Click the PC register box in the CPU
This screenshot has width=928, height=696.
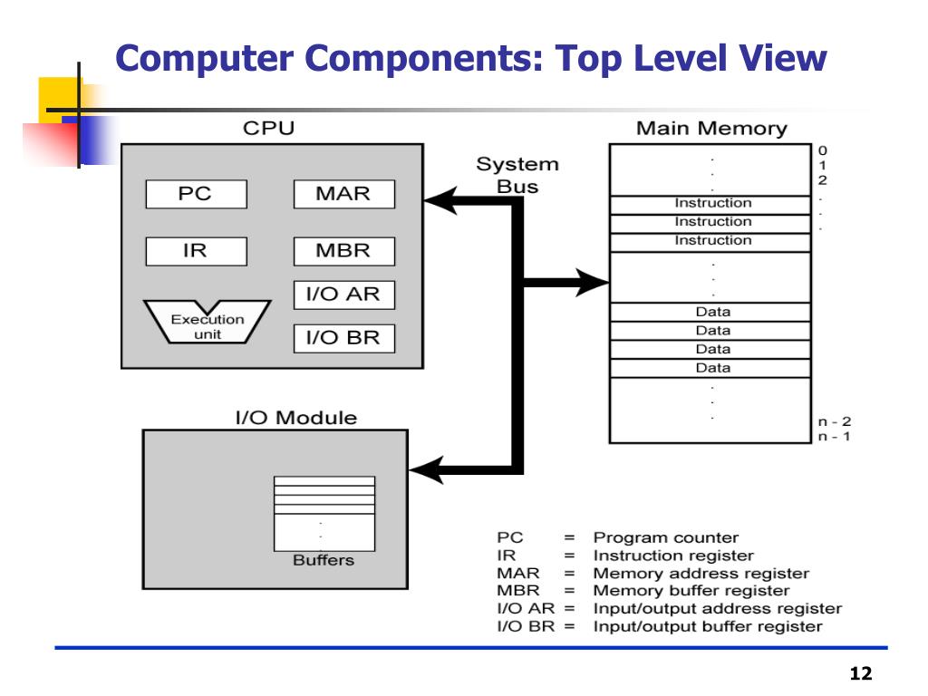point(197,194)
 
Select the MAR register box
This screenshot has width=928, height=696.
point(344,194)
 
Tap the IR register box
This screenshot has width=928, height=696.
point(197,252)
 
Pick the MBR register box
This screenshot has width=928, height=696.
point(344,252)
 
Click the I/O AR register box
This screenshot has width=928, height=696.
point(344,295)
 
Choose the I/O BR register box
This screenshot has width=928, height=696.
point(344,339)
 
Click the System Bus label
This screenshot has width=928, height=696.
point(517,175)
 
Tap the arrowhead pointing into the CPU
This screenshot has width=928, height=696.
point(440,200)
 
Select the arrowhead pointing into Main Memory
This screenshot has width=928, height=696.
point(593,283)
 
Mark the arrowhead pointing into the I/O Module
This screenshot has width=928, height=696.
point(426,470)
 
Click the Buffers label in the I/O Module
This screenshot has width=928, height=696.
point(324,560)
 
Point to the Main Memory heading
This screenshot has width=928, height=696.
point(711,129)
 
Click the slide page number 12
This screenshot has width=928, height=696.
point(861,673)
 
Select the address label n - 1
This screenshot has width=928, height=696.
point(835,436)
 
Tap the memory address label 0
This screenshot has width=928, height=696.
point(823,150)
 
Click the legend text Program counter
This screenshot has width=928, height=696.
point(666,537)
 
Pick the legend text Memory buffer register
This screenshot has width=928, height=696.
point(691,591)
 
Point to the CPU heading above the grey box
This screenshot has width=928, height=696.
point(268,129)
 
